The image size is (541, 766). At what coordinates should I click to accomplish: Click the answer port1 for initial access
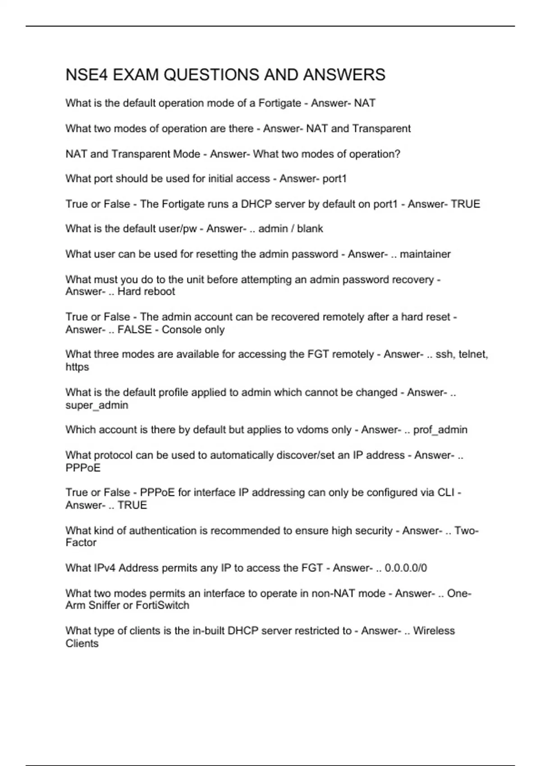[x=335, y=179]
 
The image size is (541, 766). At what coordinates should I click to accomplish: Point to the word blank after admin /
[x=310, y=229]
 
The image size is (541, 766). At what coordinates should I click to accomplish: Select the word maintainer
[x=425, y=254]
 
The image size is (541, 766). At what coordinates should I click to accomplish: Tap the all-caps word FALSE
[x=134, y=330]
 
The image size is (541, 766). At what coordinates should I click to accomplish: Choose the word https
[x=77, y=367]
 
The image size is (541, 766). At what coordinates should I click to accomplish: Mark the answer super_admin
[x=97, y=406]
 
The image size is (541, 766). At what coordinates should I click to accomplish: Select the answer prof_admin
[x=440, y=430]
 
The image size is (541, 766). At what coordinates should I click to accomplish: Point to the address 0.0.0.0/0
[x=406, y=568]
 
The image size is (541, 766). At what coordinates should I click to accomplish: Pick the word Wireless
[x=434, y=631]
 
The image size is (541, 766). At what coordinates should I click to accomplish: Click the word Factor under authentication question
[x=81, y=543]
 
